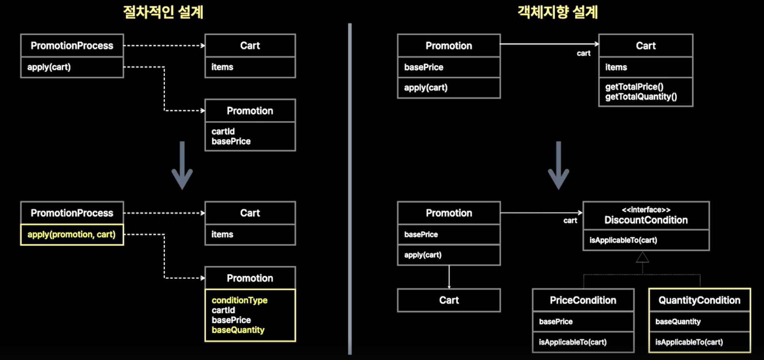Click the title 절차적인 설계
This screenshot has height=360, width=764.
(x=163, y=12)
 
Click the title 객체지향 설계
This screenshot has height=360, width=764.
(x=558, y=12)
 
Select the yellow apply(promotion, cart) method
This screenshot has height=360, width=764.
(x=71, y=235)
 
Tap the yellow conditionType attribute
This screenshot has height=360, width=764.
(x=239, y=300)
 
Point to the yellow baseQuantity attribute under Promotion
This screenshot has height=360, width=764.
(x=238, y=330)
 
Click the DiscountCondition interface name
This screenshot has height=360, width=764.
(x=646, y=220)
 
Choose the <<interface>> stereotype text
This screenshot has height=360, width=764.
(x=646, y=210)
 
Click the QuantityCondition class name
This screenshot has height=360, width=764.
(x=699, y=300)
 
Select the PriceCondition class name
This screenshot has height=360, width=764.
(x=583, y=300)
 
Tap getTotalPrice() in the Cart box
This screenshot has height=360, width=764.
(x=634, y=87)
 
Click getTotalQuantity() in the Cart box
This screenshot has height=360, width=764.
(x=641, y=97)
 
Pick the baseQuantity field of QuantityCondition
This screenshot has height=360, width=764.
(x=678, y=322)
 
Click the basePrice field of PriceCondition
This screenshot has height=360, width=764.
(x=556, y=322)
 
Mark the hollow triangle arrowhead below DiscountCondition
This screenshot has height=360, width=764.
(x=642, y=257)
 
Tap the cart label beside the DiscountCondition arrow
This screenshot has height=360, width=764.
(x=570, y=220)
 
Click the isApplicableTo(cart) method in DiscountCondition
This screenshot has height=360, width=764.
(x=623, y=240)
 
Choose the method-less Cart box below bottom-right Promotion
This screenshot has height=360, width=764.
(x=449, y=300)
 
